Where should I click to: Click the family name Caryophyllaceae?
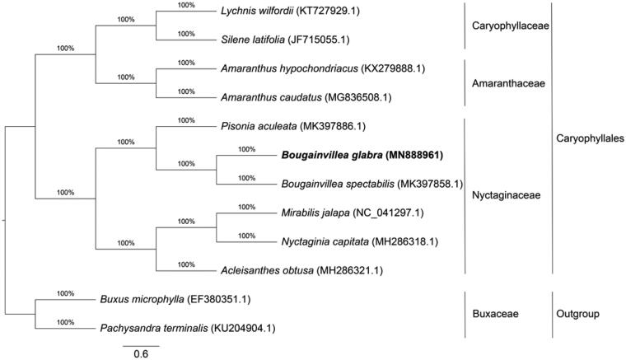(x=510, y=26)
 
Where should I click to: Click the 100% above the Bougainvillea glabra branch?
(x=246, y=149)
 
